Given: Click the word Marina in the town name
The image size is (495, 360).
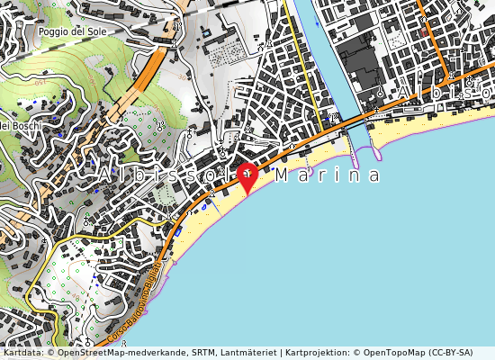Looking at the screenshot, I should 328,175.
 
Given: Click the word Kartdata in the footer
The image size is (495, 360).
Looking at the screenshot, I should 23,353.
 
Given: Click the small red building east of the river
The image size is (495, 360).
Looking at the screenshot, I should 424,32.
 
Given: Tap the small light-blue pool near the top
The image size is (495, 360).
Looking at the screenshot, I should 206,33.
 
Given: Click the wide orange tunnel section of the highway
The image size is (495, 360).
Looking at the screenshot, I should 144,76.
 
